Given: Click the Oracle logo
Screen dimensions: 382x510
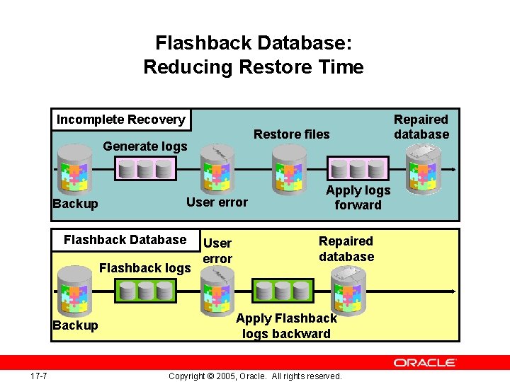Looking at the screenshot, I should point(424,362).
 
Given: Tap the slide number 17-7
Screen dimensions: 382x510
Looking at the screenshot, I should point(39,375).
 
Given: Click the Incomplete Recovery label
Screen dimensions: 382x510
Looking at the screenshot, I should point(120,120).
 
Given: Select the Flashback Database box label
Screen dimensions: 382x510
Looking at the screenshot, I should point(125,240).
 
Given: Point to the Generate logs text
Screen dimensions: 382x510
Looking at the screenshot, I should point(145,146).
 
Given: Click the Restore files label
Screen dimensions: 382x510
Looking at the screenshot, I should point(291,134).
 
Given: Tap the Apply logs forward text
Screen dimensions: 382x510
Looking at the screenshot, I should point(358,197).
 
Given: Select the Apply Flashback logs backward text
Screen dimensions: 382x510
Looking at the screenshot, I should point(286,326).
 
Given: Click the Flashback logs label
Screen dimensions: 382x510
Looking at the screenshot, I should point(145,268).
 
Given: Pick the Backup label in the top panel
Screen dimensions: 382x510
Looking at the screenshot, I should point(75,204).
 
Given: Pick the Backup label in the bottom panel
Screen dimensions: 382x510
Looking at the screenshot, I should point(75,325).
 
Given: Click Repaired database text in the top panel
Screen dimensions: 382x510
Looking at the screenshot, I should point(421,127).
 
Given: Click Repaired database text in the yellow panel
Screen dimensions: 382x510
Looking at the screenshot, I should point(346,249).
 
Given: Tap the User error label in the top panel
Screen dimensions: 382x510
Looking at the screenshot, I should point(217,202).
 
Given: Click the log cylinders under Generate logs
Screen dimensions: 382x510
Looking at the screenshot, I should point(145,169).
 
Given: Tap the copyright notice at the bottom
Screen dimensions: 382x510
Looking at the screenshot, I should point(255,376).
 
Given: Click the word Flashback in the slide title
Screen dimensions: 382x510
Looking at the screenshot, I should point(203,43).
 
